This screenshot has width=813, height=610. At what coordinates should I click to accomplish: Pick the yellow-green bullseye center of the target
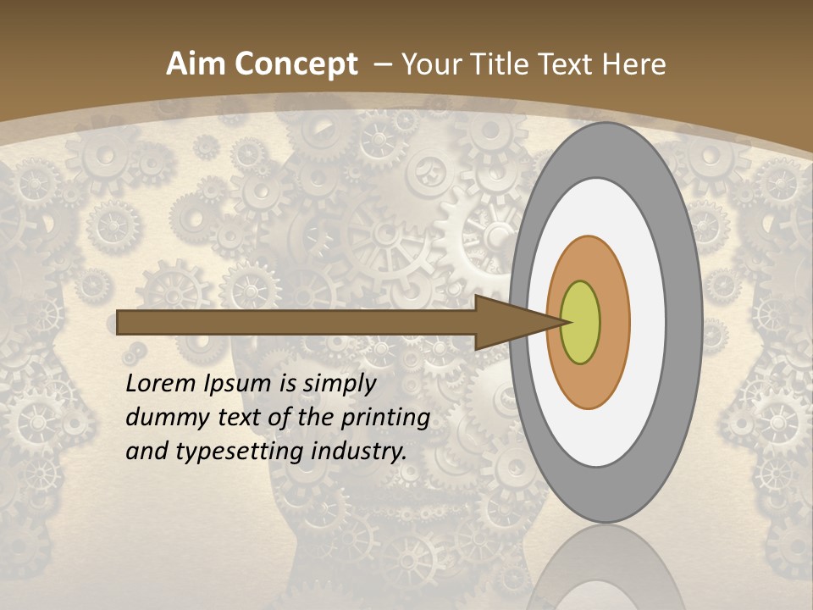click(x=580, y=323)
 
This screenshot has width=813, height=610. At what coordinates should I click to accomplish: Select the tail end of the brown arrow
click(x=124, y=323)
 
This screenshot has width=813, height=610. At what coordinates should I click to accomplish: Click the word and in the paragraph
click(x=147, y=452)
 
